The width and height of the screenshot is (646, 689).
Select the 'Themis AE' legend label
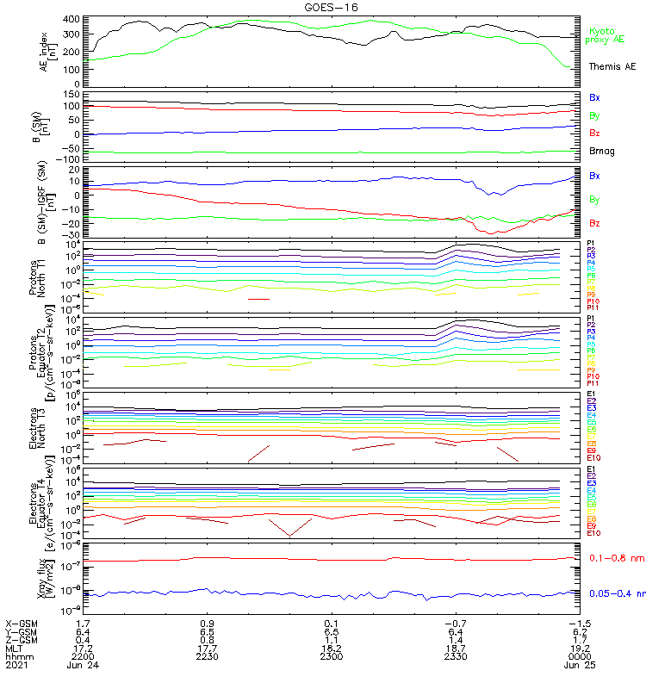pos(612,66)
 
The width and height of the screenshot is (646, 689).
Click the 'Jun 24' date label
pos(83,665)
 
